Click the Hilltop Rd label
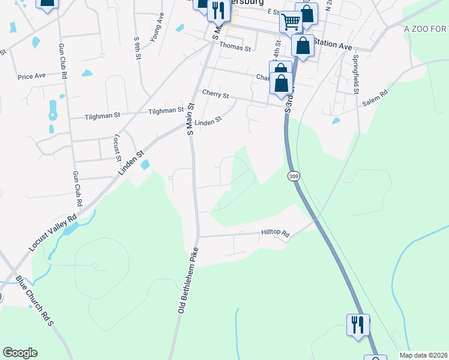click(276, 233)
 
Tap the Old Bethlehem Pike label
click(187, 280)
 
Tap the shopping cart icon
click(291, 22)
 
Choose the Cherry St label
click(215, 94)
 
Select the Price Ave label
click(32, 77)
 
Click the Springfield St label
click(355, 75)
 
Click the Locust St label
click(117, 148)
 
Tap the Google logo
click(20, 353)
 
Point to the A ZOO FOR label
click(426, 29)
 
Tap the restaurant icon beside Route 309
click(358, 325)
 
